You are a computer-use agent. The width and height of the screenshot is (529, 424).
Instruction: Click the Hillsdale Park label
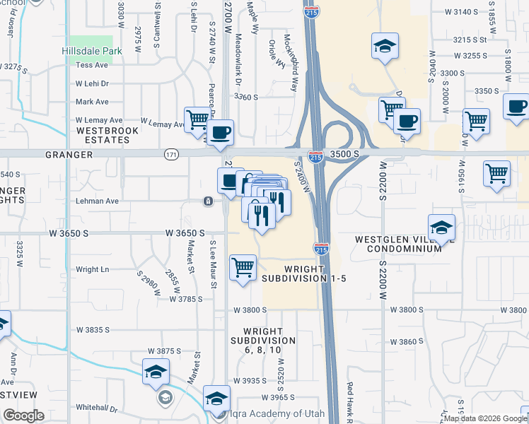92,50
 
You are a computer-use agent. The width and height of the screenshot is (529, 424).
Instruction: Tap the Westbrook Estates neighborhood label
103,135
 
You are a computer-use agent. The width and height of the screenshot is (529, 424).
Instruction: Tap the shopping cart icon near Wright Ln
243,268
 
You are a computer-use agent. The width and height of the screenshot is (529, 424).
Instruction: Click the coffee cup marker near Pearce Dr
220,132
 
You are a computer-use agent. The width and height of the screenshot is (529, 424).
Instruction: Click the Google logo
23,416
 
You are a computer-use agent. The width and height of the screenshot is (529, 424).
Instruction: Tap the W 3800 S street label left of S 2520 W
250,310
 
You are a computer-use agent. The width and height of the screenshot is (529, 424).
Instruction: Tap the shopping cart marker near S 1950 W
476,121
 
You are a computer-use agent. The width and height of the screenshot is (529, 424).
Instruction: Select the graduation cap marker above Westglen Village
441,228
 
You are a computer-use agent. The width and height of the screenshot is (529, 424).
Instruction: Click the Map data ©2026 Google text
485,418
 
